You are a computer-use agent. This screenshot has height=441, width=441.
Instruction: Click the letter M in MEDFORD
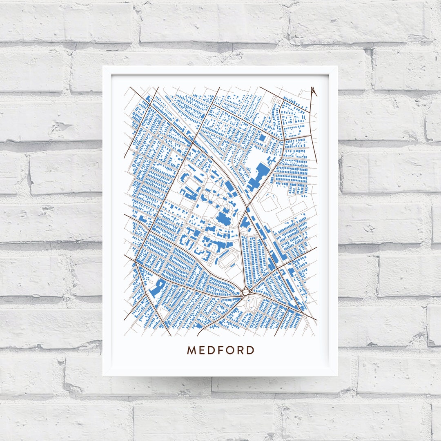[192, 350]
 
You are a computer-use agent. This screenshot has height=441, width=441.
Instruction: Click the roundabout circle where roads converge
[245, 292]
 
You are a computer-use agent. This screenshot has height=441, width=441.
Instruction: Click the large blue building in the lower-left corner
[156, 288]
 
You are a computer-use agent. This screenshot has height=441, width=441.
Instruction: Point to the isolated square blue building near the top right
[262, 138]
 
